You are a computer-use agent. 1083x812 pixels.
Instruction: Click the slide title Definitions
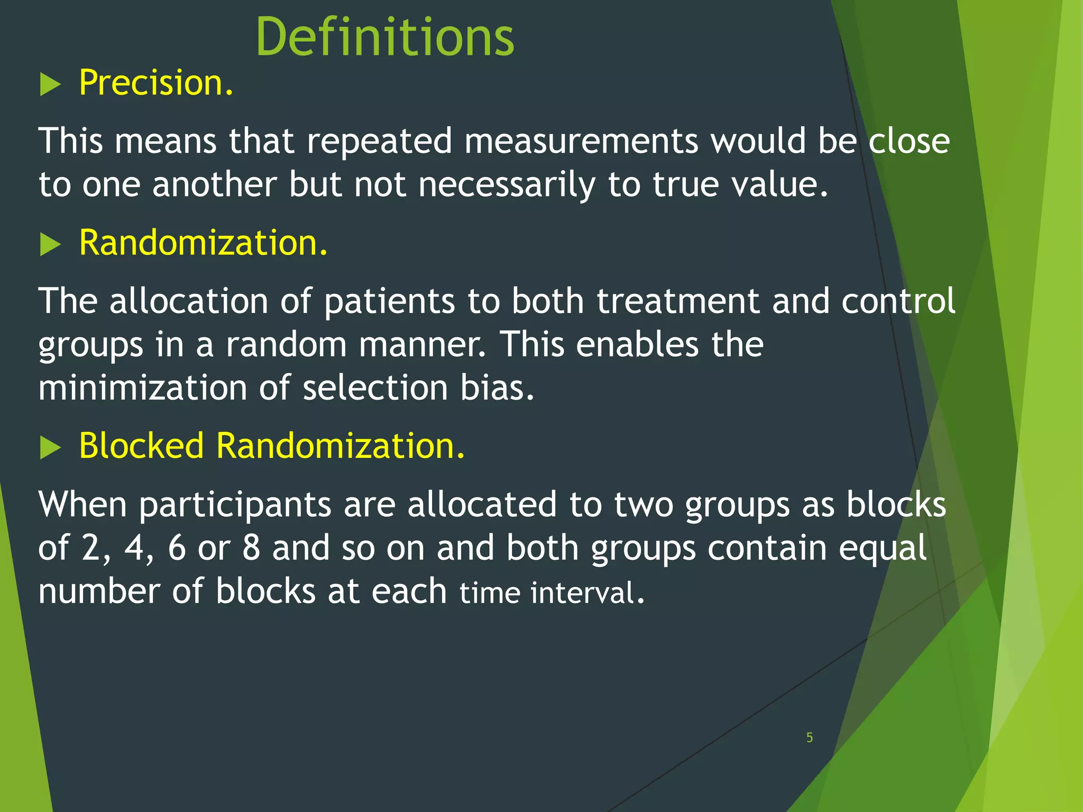(x=384, y=37)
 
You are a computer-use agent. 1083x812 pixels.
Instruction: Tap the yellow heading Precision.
(x=156, y=83)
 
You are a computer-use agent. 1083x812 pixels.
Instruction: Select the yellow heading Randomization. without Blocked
(x=203, y=243)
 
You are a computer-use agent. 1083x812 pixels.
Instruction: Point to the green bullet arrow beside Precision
(x=50, y=85)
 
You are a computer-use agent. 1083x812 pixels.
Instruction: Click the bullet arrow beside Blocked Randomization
(x=50, y=448)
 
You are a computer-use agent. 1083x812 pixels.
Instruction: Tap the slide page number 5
(x=809, y=737)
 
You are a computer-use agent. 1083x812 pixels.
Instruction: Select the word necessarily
(x=507, y=185)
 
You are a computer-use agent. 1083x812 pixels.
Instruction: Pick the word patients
(x=389, y=302)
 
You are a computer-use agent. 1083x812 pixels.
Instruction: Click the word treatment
(x=678, y=301)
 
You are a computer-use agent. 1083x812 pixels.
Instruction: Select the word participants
(x=235, y=505)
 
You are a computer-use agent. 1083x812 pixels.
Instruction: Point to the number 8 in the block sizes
(x=251, y=548)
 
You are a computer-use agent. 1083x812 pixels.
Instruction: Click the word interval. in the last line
(x=587, y=593)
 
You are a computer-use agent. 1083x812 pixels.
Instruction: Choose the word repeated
(x=379, y=142)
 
